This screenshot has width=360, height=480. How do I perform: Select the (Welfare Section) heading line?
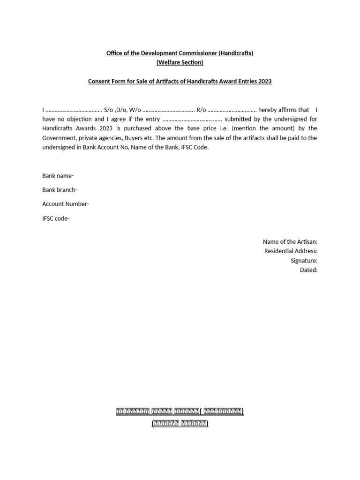click(180, 62)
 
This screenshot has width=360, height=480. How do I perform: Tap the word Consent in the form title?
click(100, 81)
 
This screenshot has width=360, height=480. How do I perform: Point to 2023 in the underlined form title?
click(264, 81)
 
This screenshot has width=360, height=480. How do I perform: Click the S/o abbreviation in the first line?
click(108, 110)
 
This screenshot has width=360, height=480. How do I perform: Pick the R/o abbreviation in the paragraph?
click(201, 110)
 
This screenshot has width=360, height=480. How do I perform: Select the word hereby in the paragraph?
click(268, 110)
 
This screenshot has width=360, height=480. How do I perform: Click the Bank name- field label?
click(58, 176)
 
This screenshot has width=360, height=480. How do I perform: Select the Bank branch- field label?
click(60, 190)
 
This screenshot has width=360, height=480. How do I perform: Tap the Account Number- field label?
click(66, 204)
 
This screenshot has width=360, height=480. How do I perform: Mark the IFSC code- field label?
click(56, 218)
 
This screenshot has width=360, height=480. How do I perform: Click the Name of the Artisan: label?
click(290, 241)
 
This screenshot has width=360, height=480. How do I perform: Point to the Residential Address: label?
click(291, 251)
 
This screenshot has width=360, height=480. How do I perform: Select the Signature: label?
click(304, 260)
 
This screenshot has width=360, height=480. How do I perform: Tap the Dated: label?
click(308, 270)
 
